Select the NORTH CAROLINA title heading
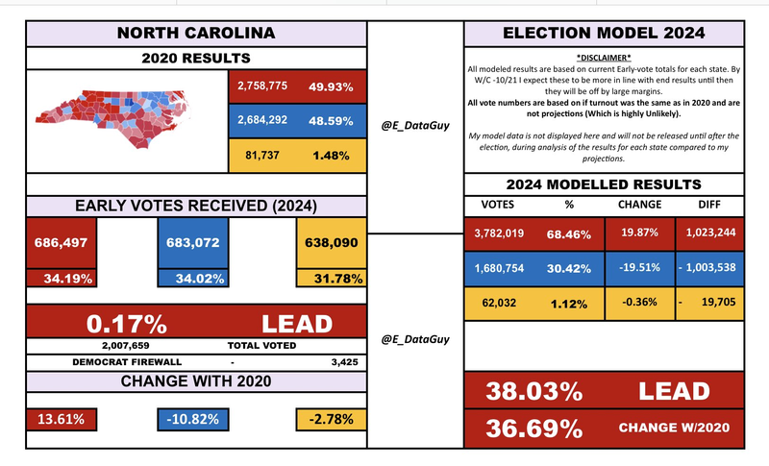coord(195,34)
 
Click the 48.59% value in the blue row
coord(329,121)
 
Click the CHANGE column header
coord(634,204)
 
